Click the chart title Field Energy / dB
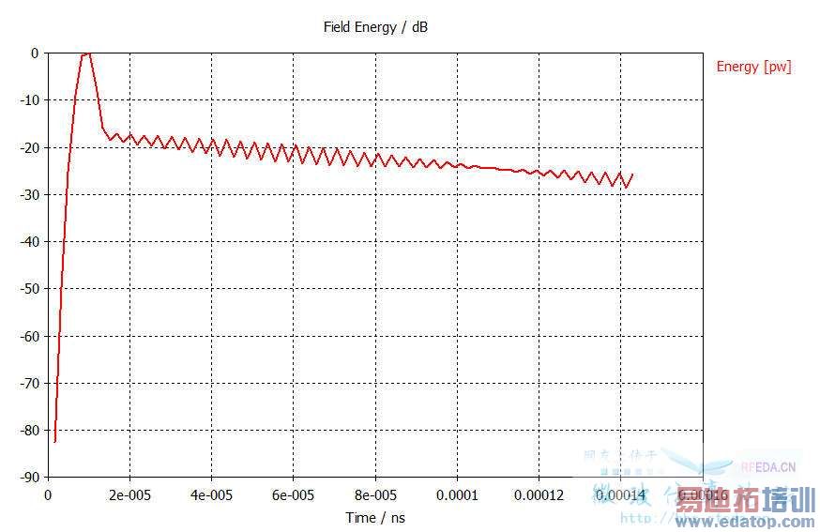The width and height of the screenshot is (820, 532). click(375, 27)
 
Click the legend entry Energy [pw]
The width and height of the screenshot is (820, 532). click(753, 67)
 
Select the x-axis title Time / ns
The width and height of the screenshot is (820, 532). click(375, 517)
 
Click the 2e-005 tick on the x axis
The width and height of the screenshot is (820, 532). click(129, 494)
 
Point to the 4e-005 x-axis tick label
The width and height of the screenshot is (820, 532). click(211, 494)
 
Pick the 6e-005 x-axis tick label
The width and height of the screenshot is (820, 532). click(293, 494)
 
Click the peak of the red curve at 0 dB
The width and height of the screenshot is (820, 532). click(87, 53)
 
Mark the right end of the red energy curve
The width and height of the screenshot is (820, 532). click(632, 174)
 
